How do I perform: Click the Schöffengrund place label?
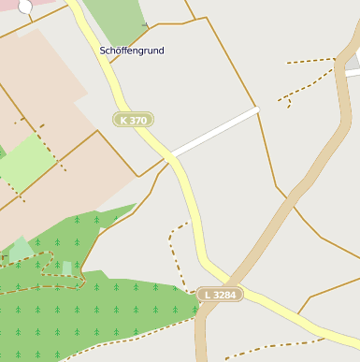coord(132,50)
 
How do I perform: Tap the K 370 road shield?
coord(133,120)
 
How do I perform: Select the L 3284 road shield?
coord(221,295)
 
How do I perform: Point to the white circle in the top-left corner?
coord(24,7)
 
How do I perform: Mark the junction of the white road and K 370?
coord(169,155)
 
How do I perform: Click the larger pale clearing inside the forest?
coord(21,249)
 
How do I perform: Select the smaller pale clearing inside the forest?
coord(66,268)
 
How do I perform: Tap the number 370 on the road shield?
coord(138,120)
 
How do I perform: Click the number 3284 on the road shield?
coord(225,295)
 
